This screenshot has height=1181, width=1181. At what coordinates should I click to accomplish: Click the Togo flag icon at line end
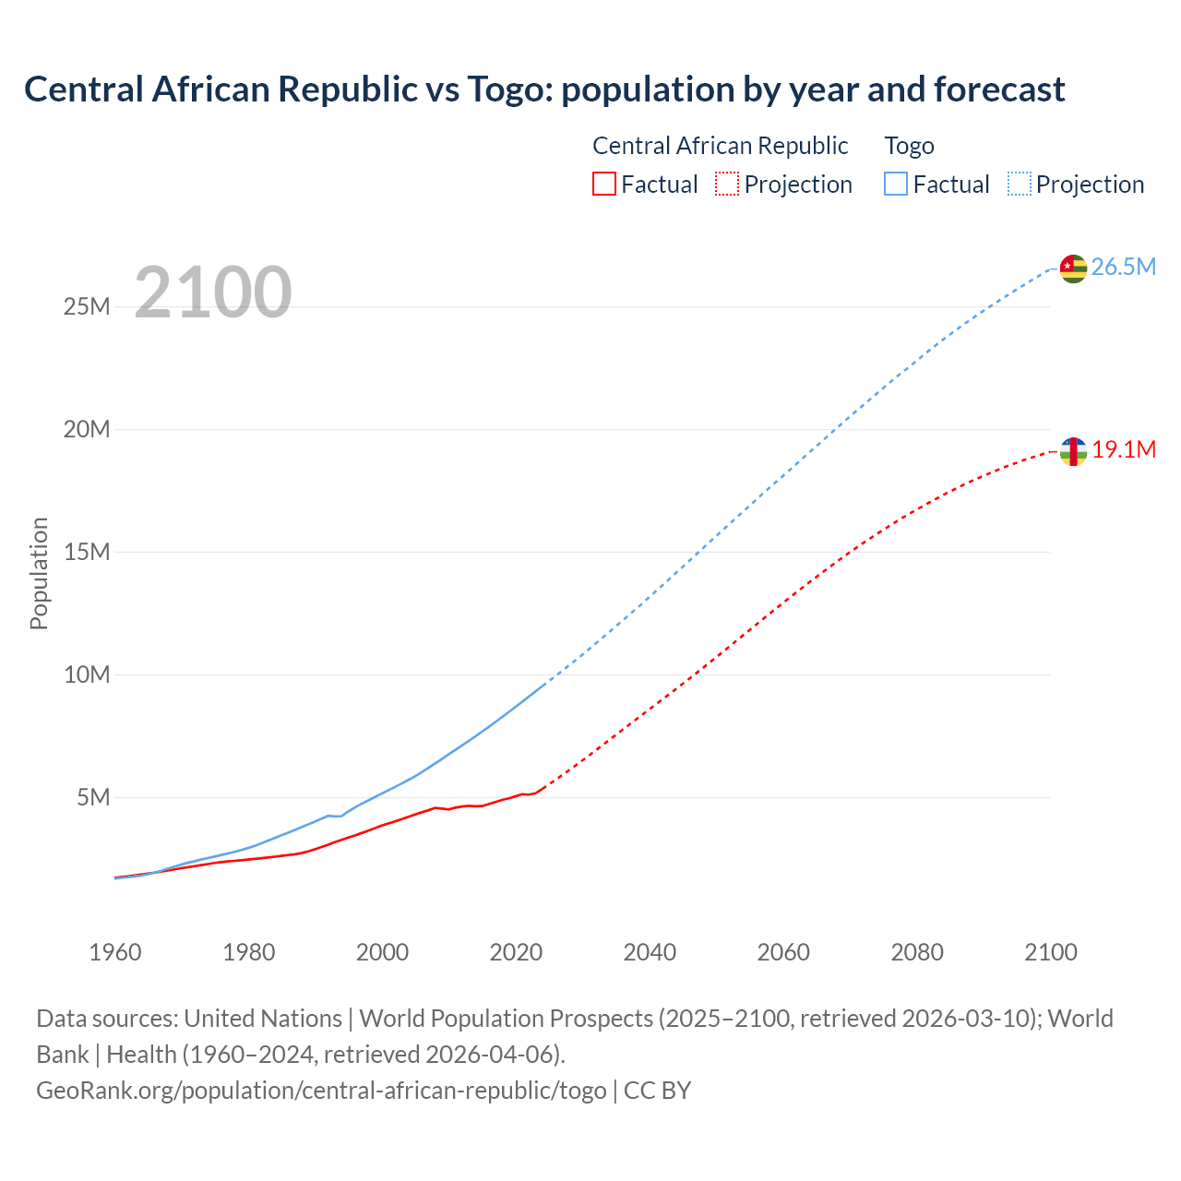[1073, 268]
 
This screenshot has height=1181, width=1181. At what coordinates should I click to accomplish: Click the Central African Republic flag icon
[1073, 451]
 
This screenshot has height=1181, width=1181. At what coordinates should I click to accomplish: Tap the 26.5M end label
[1123, 268]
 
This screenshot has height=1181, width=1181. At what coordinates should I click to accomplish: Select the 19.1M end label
[1124, 450]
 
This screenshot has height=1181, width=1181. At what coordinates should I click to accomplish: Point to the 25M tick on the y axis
[87, 306]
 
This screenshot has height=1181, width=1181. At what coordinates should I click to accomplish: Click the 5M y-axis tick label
[93, 797]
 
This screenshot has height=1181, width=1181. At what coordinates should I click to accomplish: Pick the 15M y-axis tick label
[87, 552]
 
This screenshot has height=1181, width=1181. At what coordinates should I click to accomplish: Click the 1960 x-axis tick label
[115, 952]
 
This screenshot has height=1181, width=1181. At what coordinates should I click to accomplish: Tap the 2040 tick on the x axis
[650, 952]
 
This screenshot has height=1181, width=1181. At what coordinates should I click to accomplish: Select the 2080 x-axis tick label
[917, 952]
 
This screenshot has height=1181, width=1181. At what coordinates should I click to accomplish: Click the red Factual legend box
[604, 185]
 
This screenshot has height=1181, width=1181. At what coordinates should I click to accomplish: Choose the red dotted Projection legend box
[727, 185]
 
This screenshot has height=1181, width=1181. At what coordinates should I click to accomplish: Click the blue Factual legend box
[896, 185]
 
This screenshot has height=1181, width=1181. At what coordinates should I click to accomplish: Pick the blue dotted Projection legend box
[1020, 185]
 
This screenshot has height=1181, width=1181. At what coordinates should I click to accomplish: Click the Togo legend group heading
[909, 146]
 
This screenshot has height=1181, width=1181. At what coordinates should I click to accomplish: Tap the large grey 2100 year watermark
[213, 293]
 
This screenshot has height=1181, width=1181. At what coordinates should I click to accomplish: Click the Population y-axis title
[39, 573]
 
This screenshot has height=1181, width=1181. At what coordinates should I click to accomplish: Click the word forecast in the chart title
[999, 89]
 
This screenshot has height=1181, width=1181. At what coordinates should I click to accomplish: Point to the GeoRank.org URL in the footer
[321, 1091]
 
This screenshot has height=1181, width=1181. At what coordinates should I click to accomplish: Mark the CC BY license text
[657, 1091]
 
